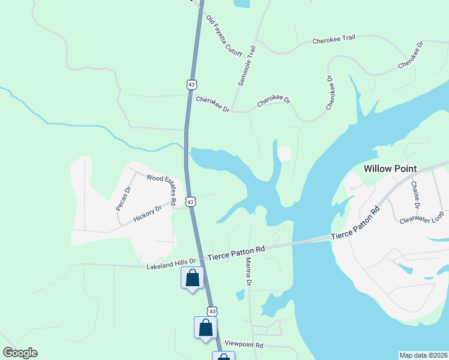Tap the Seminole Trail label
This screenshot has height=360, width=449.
point(247,65)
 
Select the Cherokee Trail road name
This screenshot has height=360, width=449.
point(334,40)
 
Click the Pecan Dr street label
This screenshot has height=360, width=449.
point(123,199)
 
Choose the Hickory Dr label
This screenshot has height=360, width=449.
point(148,214)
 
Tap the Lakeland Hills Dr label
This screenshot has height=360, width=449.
point(171,263)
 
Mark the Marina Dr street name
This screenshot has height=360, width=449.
point(247,271)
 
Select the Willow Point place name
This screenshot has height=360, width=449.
point(390,169)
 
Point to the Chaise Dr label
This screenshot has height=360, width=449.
point(415,193)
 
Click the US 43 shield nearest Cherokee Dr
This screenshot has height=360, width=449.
point(191,85)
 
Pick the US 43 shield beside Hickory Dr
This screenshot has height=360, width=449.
point(190,202)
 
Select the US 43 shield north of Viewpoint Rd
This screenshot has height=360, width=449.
point(212,311)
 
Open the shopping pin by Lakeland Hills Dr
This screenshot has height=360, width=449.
point(192,278)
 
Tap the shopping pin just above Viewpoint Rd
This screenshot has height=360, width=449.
point(205,328)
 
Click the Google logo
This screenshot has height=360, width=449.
point(20,353)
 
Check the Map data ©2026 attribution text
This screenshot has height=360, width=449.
point(423,355)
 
